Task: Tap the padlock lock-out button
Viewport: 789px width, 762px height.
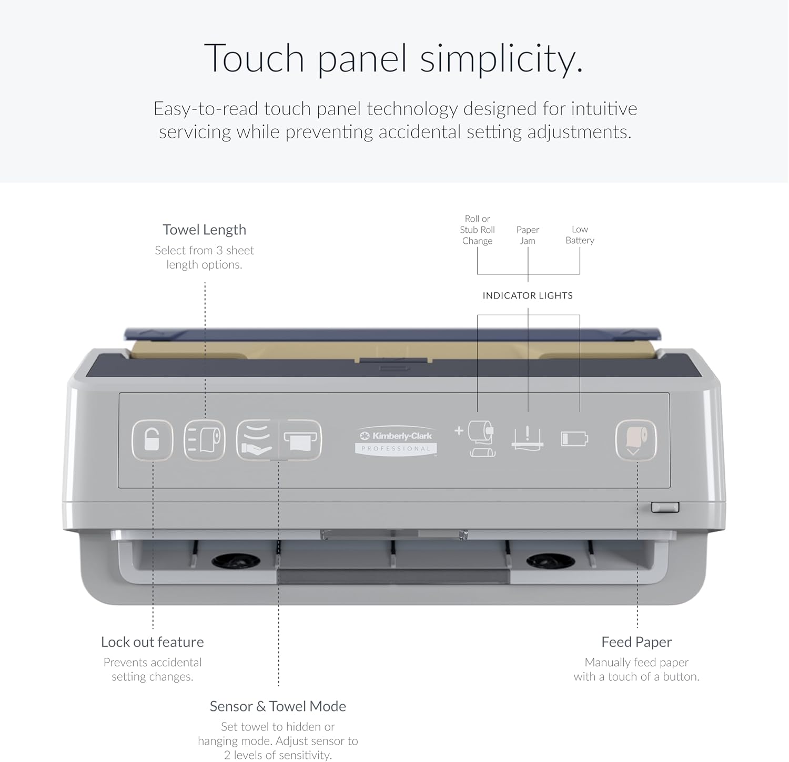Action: point(152,440)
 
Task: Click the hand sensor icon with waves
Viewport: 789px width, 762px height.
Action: point(257,440)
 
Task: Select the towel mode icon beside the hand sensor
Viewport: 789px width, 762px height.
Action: point(300,440)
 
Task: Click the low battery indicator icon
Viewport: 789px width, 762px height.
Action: point(574,438)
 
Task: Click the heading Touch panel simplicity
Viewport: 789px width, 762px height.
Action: point(393,58)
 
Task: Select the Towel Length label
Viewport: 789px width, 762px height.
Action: point(204,230)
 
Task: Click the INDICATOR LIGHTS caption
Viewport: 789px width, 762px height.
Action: point(528,295)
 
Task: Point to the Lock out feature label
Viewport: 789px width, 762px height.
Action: point(152,642)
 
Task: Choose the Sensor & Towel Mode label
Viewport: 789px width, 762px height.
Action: point(278,706)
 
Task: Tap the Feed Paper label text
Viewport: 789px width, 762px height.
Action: point(636,642)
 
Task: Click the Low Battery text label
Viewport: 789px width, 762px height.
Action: point(580,235)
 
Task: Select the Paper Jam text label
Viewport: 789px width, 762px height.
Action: point(528,235)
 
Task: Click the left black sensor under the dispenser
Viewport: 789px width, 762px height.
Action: point(235,561)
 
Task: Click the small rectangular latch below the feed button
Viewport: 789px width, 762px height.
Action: point(665,507)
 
